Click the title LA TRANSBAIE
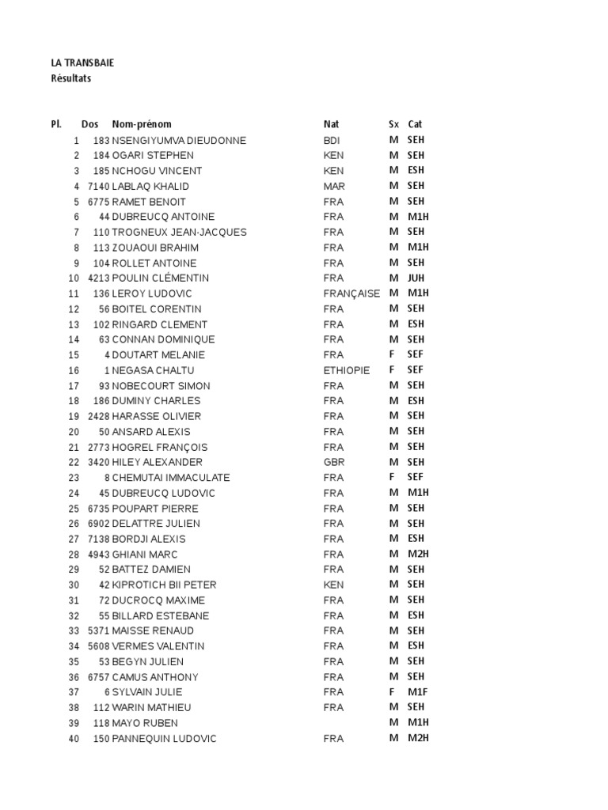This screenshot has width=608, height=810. coord(82,62)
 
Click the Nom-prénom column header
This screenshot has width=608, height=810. coord(142,124)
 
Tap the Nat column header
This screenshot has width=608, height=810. coord(331,124)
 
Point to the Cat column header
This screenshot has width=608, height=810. coord(415,124)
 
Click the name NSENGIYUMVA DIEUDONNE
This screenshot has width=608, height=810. coord(179,141)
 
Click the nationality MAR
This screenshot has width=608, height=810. coord(334,187)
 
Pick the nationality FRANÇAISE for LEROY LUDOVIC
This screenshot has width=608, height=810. coord(351,293)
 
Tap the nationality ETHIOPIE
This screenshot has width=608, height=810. coord(347,370)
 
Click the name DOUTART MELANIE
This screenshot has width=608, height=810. coord(158,355)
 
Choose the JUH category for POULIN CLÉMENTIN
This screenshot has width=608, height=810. coord(416,278)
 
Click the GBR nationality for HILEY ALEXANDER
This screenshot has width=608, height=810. coord(334,462)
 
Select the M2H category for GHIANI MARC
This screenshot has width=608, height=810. coord(417,555)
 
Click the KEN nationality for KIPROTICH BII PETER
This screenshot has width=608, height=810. coord(333,585)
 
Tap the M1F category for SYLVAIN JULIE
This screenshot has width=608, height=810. coord(416,692)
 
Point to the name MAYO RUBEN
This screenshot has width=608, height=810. coord(145,723)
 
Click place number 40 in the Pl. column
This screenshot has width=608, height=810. coord(74,739)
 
